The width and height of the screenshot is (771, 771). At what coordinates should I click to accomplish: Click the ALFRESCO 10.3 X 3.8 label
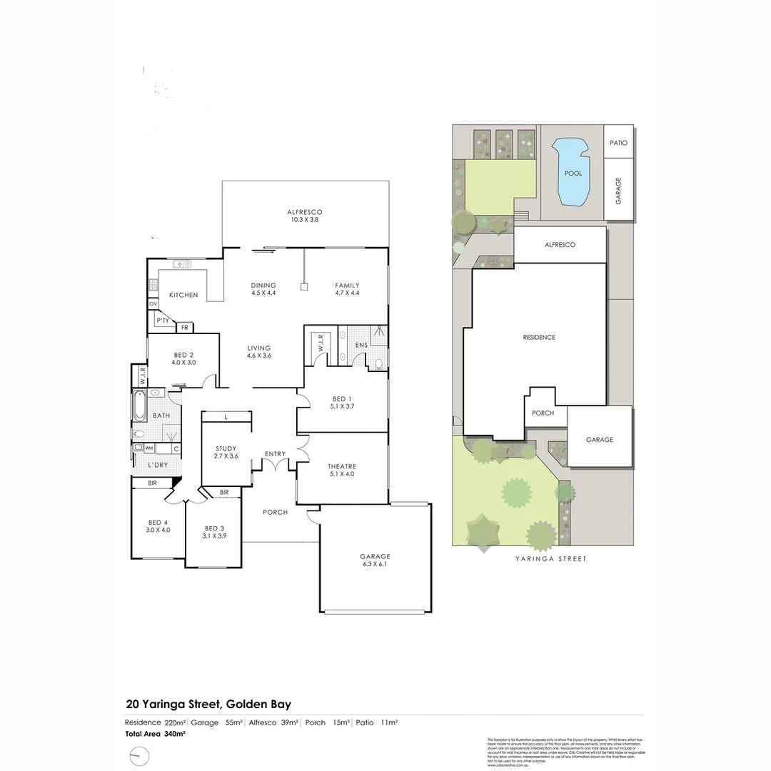click(x=305, y=216)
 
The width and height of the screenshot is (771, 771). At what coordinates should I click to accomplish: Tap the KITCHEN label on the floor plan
click(x=183, y=295)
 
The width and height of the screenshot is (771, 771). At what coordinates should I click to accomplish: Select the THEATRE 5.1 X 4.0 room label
click(x=343, y=470)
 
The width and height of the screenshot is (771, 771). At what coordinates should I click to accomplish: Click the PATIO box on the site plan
click(x=618, y=143)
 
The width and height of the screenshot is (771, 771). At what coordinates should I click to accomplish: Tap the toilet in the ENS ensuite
click(x=378, y=364)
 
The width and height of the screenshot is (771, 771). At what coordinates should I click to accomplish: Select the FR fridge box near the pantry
click(x=185, y=328)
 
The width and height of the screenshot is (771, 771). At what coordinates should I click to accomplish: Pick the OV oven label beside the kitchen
click(x=153, y=304)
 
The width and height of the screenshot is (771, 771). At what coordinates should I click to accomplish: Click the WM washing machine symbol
click(x=149, y=448)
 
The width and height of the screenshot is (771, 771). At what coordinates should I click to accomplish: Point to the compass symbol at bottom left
click(x=139, y=755)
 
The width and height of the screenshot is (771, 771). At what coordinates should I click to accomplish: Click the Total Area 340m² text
click(x=155, y=733)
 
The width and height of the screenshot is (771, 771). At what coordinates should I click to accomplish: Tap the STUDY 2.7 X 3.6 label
click(x=226, y=452)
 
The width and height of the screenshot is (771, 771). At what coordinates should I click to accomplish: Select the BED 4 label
click(x=158, y=525)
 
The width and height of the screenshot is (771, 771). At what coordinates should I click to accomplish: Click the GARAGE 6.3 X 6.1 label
click(x=375, y=560)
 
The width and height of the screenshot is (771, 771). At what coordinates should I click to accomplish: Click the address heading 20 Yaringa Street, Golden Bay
click(x=208, y=704)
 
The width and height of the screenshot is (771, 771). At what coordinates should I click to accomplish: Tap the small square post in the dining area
click(x=303, y=287)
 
